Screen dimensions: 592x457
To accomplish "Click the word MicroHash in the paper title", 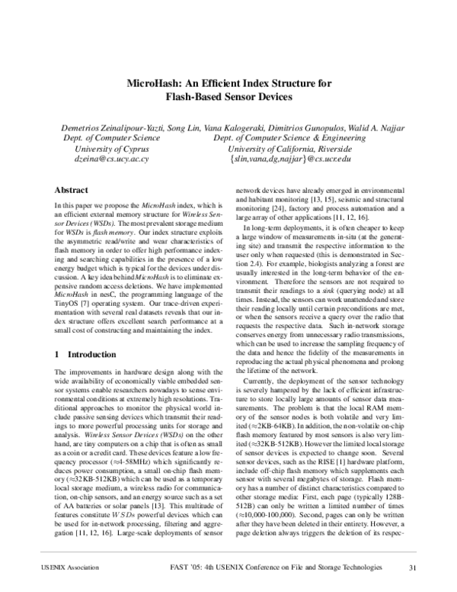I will (152, 84).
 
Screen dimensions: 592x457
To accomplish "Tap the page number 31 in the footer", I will (412, 567).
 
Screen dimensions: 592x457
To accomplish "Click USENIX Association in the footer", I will (58, 567).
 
